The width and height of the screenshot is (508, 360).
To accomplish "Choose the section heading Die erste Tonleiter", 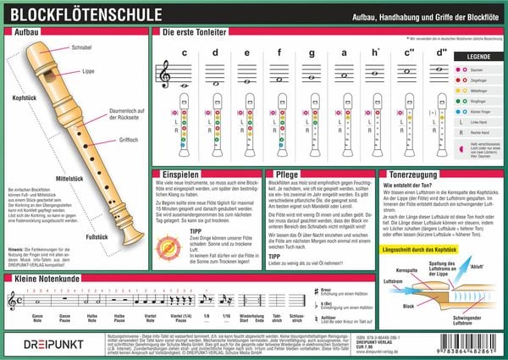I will pyautogui.click(x=194, y=31).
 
